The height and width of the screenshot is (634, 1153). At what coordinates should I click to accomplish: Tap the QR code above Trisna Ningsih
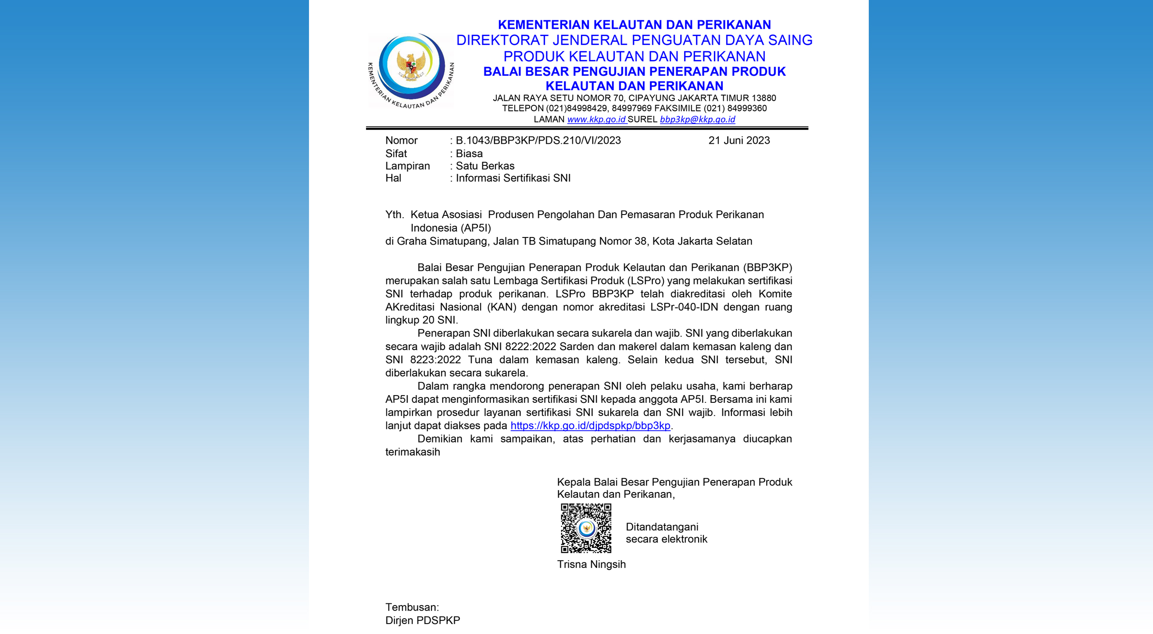[586, 528]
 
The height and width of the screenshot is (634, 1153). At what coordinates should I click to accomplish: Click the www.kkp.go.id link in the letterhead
[596, 119]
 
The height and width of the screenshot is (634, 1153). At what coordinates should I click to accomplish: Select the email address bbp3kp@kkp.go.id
[697, 119]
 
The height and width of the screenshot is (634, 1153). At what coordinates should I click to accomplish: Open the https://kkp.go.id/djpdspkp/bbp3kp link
[590, 425]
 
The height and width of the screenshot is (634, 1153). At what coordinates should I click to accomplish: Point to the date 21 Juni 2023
[739, 141]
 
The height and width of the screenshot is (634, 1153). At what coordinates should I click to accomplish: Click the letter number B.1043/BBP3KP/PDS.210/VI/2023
[538, 141]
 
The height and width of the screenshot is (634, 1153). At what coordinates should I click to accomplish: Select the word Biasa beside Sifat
[469, 154]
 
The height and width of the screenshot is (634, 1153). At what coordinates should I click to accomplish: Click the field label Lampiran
[408, 166]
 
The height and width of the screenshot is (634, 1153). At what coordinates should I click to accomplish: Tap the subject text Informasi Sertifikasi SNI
[513, 178]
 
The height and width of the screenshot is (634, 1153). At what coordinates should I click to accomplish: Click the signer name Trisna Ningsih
[591, 564]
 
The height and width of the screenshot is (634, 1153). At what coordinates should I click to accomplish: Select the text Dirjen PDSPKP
[422, 620]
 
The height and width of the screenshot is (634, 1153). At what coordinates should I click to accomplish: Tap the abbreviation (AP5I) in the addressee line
[476, 228]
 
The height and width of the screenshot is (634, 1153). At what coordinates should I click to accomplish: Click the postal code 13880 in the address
[763, 98]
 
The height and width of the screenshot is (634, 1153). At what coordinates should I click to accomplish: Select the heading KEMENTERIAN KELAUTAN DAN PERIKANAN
[634, 24]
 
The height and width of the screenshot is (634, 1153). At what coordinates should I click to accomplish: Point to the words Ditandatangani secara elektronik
[666, 533]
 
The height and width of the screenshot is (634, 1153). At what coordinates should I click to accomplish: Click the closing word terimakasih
[413, 452]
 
